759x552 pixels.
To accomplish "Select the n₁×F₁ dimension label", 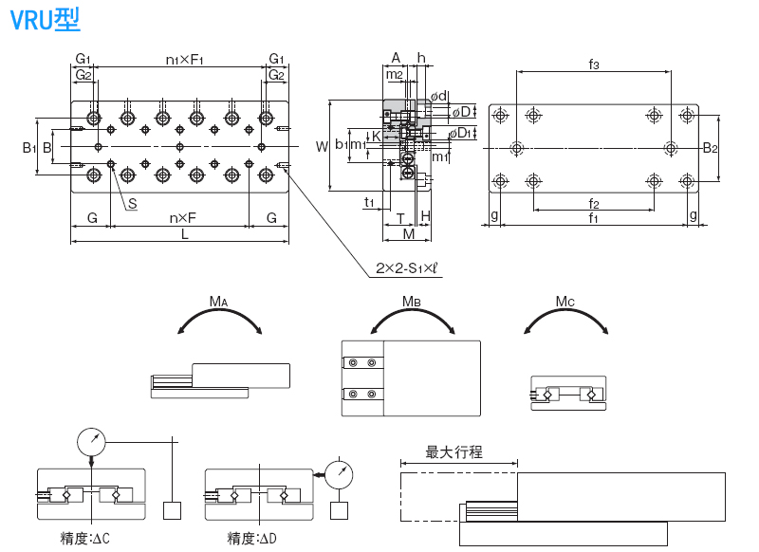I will point(185,60).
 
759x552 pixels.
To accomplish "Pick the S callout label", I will point(132,203).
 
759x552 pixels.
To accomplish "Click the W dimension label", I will point(322,146).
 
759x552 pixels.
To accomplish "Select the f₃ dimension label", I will point(594,64).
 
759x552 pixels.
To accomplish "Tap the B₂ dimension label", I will point(710,148).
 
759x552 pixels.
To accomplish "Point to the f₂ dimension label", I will point(594,203).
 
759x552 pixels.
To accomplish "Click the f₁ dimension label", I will point(594,218).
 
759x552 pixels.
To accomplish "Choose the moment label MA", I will point(219,303).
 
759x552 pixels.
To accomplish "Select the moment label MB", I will point(411,302).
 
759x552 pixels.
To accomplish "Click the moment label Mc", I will point(565,303).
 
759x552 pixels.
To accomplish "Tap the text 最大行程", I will point(454,453).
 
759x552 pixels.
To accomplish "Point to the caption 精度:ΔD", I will point(252,539).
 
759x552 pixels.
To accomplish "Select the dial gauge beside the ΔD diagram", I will point(339,471).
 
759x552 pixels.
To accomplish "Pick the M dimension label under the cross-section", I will point(408,233).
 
